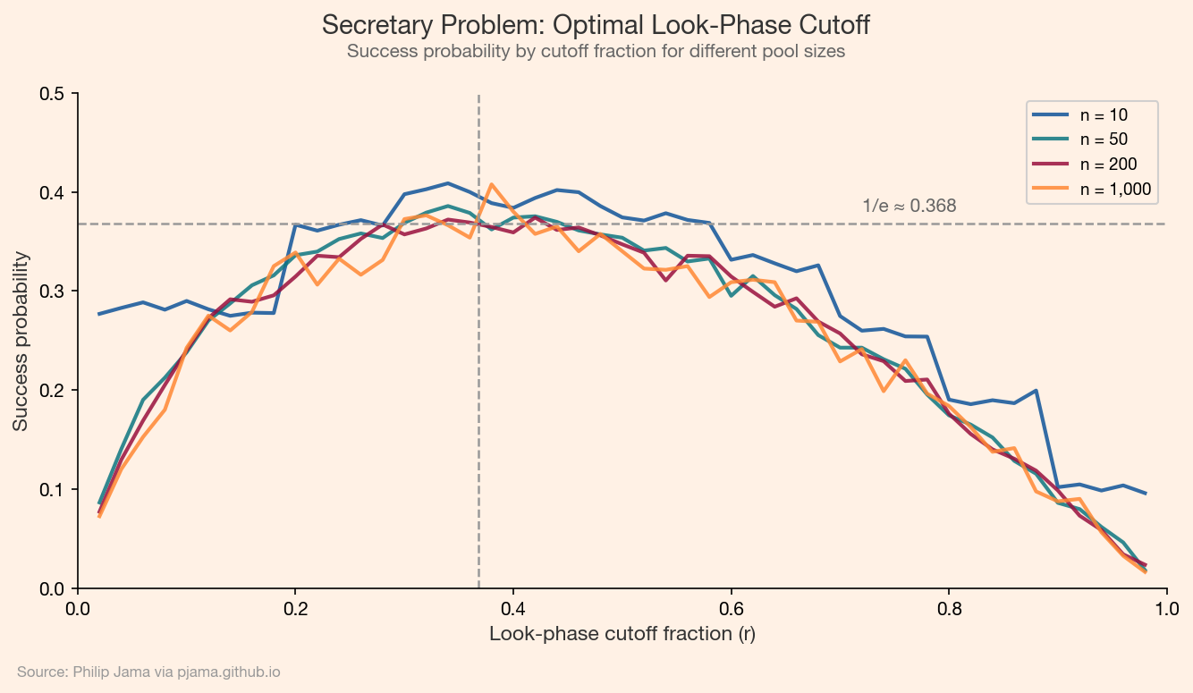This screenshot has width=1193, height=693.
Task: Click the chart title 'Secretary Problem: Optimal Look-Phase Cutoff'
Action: click(596, 25)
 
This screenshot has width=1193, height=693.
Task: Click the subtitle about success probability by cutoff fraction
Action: click(596, 52)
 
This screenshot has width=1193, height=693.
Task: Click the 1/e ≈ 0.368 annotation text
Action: click(910, 206)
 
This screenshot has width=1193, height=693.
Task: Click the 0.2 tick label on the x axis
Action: click(296, 609)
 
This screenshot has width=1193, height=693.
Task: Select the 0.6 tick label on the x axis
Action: click(732, 609)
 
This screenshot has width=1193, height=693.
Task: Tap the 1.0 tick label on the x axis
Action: click(1166, 609)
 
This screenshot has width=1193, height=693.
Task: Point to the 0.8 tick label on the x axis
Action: click(949, 609)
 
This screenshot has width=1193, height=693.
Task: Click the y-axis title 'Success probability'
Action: click(21, 341)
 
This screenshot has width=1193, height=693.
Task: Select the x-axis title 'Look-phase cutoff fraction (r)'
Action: click(622, 634)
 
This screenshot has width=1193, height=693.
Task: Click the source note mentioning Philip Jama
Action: click(148, 672)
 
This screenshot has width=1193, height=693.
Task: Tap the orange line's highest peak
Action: click(491, 184)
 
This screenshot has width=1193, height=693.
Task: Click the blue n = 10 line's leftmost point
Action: click(99, 314)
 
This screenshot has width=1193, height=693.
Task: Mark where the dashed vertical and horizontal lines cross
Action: click(479, 224)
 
